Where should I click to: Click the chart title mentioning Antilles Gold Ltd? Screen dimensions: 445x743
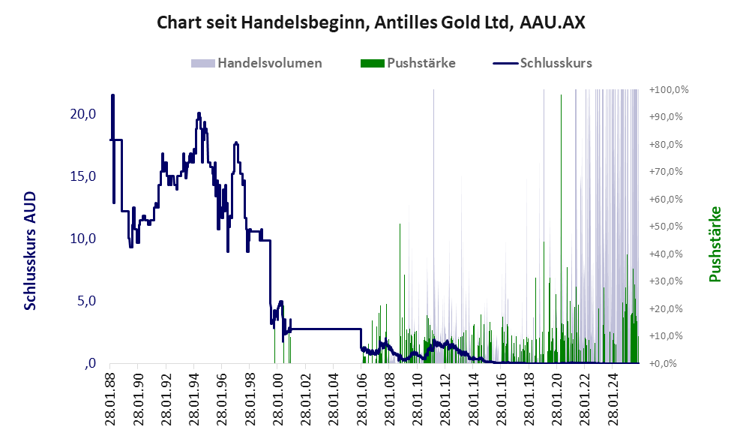[x=370, y=23]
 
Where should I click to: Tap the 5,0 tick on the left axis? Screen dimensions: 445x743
[x=85, y=301]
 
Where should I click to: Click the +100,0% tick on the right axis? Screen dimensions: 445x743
[x=669, y=89]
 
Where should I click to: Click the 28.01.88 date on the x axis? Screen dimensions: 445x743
[x=110, y=398]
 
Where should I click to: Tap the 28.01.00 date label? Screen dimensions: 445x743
[x=276, y=398]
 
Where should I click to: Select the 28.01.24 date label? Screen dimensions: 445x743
[x=611, y=398]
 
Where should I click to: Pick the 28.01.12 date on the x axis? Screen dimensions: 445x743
[x=444, y=398]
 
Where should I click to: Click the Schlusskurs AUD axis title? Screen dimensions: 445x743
[x=31, y=250]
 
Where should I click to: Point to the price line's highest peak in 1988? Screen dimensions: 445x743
[x=112, y=95]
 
